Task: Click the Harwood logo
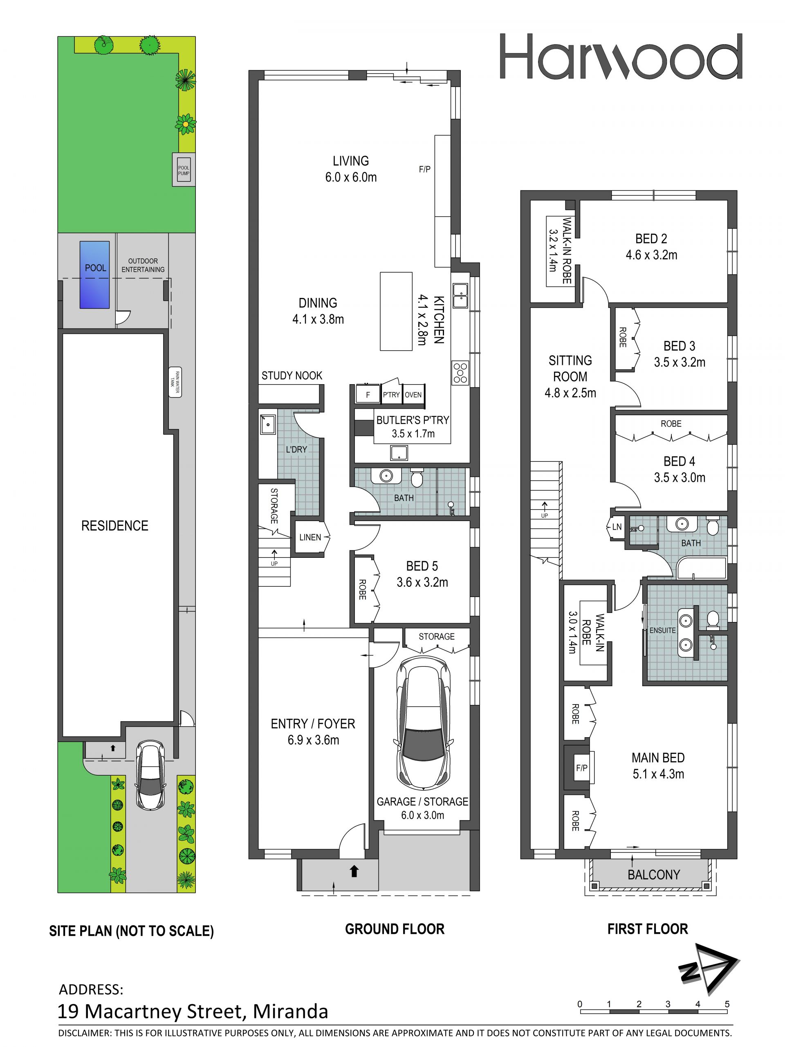pyautogui.click(x=621, y=56)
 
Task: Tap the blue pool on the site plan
pyautogui.click(x=95, y=275)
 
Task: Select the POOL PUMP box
pyautogui.click(x=184, y=170)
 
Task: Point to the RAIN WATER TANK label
pyautogui.click(x=175, y=383)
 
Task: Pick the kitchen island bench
pyautogui.click(x=396, y=311)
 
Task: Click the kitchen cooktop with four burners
pyautogui.click(x=461, y=373)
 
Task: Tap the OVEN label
pyautogui.click(x=413, y=394)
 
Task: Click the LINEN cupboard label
pyautogui.click(x=310, y=537)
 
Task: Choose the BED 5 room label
pyautogui.click(x=422, y=566)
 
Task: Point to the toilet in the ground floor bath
pyautogui.click(x=417, y=478)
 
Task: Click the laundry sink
pyautogui.click(x=268, y=425)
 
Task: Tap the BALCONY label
pyautogui.click(x=654, y=875)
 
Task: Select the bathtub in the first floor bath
pyautogui.click(x=702, y=568)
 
